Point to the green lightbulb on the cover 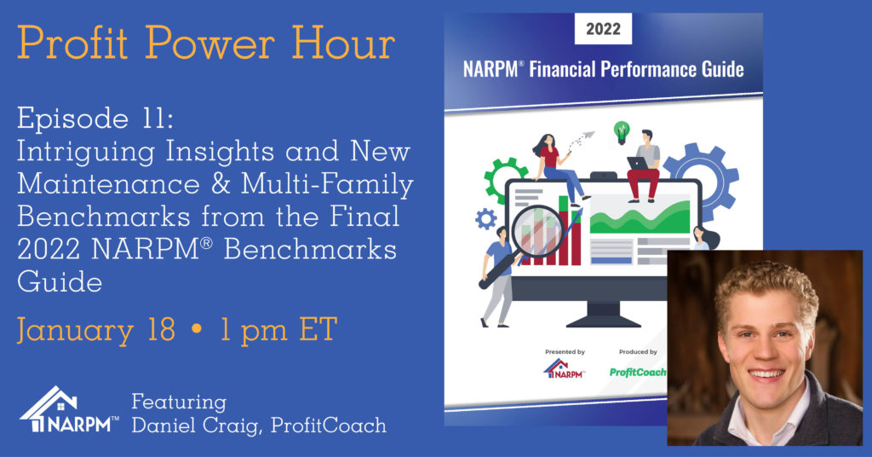(x=621, y=130)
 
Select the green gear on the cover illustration (x=504, y=175)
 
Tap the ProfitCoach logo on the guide (x=638, y=372)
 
